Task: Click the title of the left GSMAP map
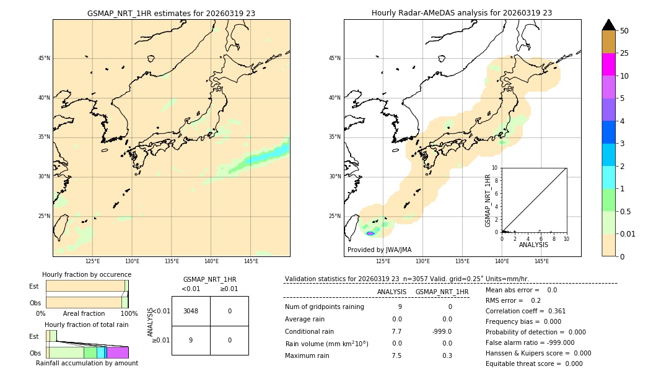pyautogui.click(x=171, y=13)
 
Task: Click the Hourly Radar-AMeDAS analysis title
pyautogui.click(x=461, y=13)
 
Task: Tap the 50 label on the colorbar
pyautogui.click(x=624, y=31)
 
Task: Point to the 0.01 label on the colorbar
pyautogui.click(x=628, y=233)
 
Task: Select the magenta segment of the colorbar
pyautogui.click(x=608, y=64)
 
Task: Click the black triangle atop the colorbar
pyautogui.click(x=608, y=25)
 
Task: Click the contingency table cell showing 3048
pyautogui.click(x=191, y=311)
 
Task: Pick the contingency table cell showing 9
pyautogui.click(x=191, y=340)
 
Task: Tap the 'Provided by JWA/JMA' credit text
pyautogui.click(x=379, y=250)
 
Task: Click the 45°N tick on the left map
pyautogui.click(x=44, y=58)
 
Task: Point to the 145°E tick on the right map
pyautogui.click(x=541, y=261)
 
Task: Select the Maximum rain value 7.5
pyautogui.click(x=396, y=355)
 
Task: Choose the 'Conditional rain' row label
pyautogui.click(x=310, y=331)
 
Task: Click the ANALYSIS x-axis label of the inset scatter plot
pyautogui.click(x=533, y=245)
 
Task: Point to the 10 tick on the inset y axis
pyautogui.click(x=495, y=168)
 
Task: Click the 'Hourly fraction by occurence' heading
pyautogui.click(x=87, y=274)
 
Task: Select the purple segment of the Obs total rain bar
pyautogui.click(x=117, y=352)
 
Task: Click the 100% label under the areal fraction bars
pyautogui.click(x=129, y=314)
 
